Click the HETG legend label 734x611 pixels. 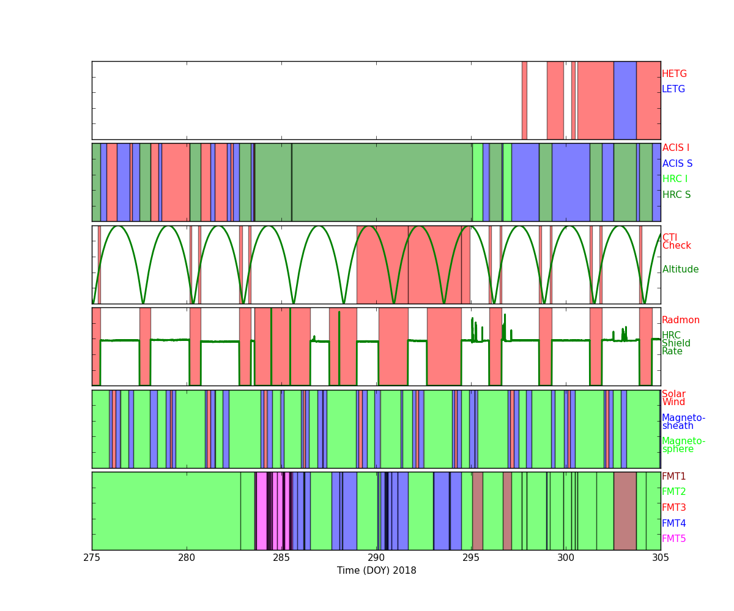coord(674,74)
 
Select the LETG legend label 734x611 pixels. coord(673,89)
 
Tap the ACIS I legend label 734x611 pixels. coord(675,148)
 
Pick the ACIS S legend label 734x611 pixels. coord(677,164)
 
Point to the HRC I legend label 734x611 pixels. coord(675,179)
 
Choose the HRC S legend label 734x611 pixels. coord(676,195)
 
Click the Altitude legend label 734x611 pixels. coord(680,269)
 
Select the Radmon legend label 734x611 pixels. coord(681,320)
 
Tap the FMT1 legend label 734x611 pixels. coord(673,477)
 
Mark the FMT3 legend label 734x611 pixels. coord(673,508)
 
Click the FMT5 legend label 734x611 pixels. coord(673,539)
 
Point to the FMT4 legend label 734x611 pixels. coord(673,524)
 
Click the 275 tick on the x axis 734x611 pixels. coord(92,557)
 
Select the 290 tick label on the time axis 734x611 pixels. coord(376,557)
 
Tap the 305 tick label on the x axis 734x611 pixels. coord(661,557)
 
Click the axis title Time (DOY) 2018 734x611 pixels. coord(376,571)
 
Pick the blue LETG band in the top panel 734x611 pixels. coord(625,100)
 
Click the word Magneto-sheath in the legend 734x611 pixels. coord(683,422)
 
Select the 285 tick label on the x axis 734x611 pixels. coord(281,557)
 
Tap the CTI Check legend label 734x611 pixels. coord(676,242)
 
